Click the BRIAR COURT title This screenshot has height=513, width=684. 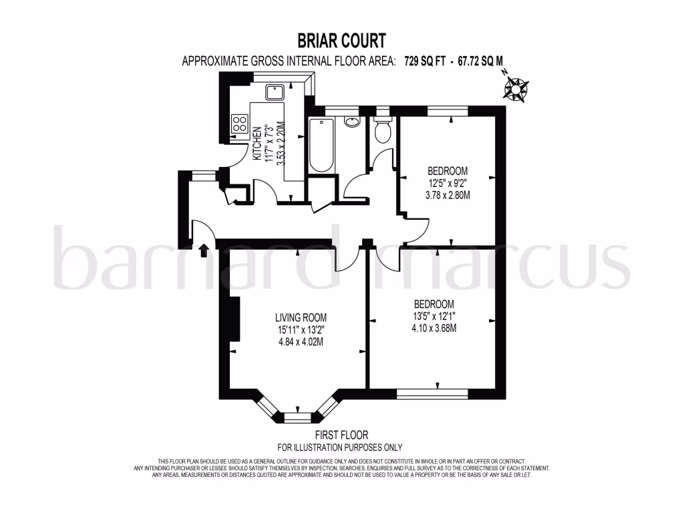tap(341, 41)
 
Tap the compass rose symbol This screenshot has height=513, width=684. tap(516, 88)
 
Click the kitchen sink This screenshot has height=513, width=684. tap(275, 92)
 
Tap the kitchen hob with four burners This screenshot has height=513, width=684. tap(238, 123)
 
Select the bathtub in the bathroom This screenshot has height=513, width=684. tap(322, 145)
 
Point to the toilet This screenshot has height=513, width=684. tap(383, 130)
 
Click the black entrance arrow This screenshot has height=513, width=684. tap(203, 250)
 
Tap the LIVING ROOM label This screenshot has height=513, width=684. tap(301, 317)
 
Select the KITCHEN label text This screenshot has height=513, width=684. tap(256, 141)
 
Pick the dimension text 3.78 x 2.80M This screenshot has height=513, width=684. tap(448, 195)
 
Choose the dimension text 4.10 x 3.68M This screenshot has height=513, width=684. tap(434, 327)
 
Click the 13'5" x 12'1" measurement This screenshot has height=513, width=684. tap(434, 315)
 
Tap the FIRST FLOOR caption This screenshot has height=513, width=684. tap(339, 435)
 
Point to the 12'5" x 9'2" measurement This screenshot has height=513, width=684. tap(448, 183)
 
